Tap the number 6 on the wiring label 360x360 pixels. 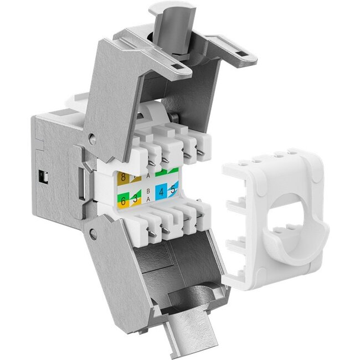point(122,201)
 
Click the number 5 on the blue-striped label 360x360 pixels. point(174,190)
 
